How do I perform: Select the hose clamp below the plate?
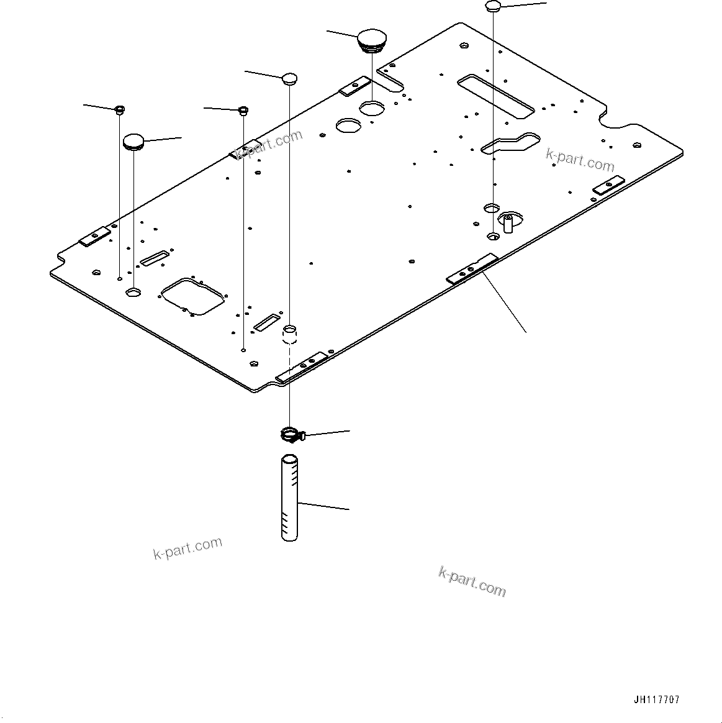pos(290,435)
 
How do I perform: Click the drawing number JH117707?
pos(657,699)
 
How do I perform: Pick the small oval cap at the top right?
pos(493,6)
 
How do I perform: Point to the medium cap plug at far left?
pos(133,142)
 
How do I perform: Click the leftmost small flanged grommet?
pos(119,111)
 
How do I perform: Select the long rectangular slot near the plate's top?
pos(495,96)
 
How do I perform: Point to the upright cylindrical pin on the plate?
pos(508,222)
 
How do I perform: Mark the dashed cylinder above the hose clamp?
pos(290,334)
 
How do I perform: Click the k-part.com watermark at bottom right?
pos(472,581)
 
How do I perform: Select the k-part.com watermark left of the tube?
pos(187,547)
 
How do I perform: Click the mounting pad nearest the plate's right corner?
pos(607,186)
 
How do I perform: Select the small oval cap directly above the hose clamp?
pos(290,78)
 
